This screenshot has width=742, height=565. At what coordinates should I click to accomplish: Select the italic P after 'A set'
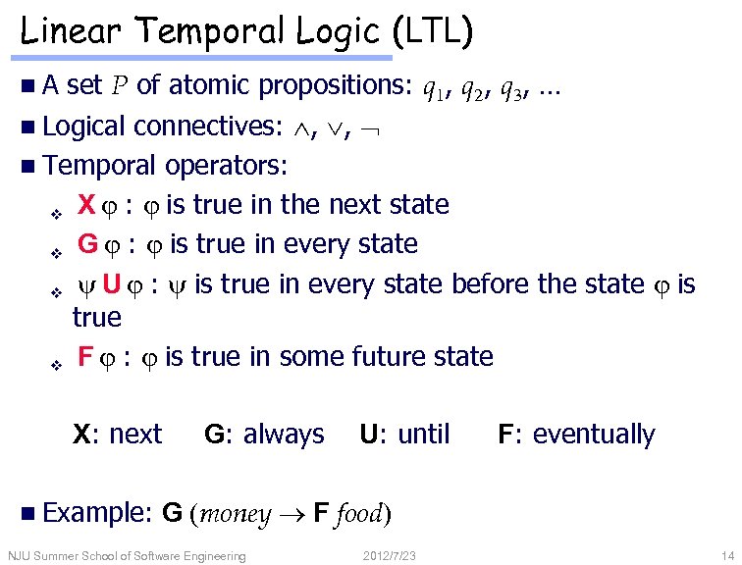click(118, 86)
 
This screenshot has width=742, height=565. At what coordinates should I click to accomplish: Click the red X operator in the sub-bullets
click(85, 205)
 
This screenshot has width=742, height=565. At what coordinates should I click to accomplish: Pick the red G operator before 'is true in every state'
click(87, 243)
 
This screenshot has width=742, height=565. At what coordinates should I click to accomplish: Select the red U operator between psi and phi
click(113, 284)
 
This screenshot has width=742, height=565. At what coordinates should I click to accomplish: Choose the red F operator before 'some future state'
click(84, 356)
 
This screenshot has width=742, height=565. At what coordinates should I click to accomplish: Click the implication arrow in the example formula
click(292, 514)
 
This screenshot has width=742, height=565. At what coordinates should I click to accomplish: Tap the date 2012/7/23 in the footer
click(390, 556)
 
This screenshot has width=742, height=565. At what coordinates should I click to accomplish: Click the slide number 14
click(725, 556)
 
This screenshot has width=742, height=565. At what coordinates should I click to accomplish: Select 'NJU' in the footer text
click(19, 556)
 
